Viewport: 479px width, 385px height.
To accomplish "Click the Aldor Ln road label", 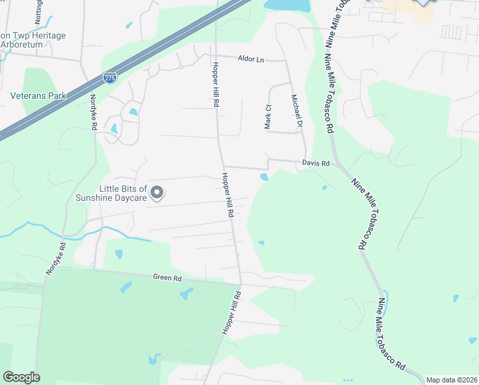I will point(250,58).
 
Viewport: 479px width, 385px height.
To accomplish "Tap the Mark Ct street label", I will point(269,117).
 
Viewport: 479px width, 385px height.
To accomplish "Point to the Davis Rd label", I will point(316,164).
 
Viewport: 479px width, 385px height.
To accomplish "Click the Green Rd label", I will point(167,278).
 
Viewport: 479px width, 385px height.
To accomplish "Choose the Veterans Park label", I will point(38,96).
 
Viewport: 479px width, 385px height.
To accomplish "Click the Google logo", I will point(21,377).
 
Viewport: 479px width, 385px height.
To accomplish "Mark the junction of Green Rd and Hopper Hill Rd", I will point(241,283).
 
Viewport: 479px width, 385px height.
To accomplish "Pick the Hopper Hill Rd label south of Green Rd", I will point(231,312).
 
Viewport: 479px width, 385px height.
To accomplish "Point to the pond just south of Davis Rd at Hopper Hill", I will point(264,177).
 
